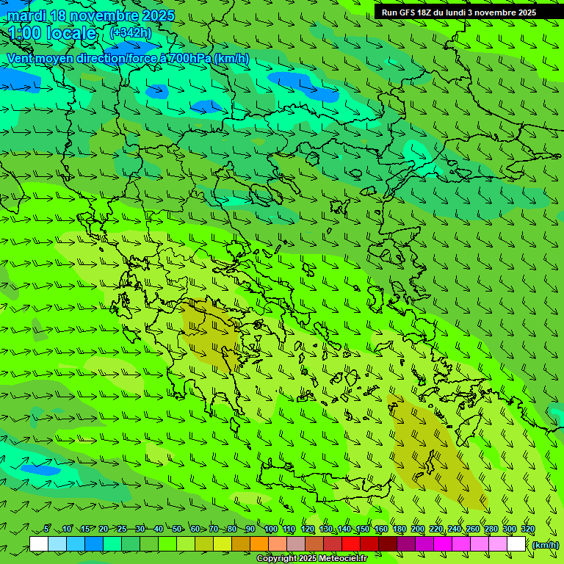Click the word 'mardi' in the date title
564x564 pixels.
[x=26, y=15]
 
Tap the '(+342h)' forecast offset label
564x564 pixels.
[x=130, y=32]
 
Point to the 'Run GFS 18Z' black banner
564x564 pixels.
[x=458, y=12]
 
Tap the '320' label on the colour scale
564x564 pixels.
[x=527, y=529]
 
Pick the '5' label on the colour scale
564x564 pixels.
[x=47, y=529]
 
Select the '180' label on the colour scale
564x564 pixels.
[x=399, y=529]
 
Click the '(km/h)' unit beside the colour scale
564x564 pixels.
[x=545, y=544]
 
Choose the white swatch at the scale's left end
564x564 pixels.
[x=39, y=544]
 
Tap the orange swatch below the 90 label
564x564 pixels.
[x=259, y=544]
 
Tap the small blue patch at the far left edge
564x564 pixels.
[x=40, y=469]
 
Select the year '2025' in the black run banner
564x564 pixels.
[x=526, y=12]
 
